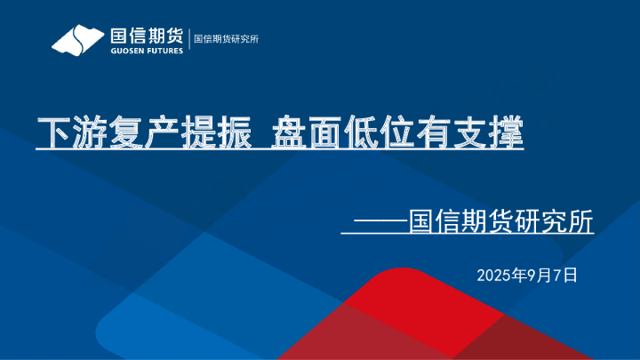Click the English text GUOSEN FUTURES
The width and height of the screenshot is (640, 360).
(147, 52)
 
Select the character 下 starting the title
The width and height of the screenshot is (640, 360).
(52, 133)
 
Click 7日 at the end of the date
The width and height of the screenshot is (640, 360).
(564, 275)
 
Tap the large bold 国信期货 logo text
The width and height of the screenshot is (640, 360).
(147, 36)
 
